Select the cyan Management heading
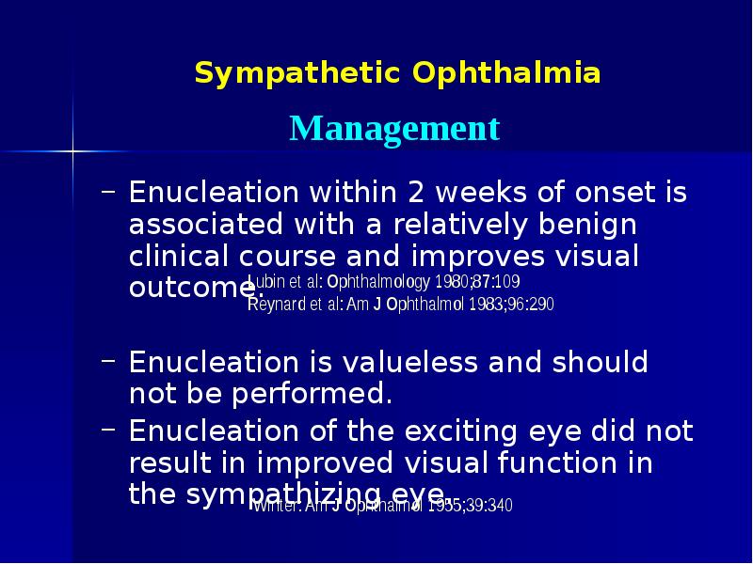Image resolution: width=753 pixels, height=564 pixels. click(394, 128)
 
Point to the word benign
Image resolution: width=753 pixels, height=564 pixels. click(584, 227)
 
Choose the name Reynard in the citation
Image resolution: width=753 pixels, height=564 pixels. click(274, 304)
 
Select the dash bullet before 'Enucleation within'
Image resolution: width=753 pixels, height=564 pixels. click(109, 193)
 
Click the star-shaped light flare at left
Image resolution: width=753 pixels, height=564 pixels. click(72, 148)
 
